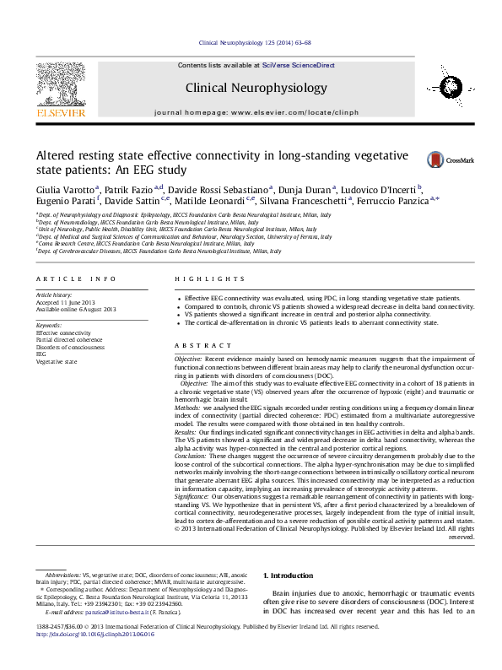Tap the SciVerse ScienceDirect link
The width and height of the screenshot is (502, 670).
[298, 65]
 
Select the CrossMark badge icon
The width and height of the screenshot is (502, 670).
[436, 159]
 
